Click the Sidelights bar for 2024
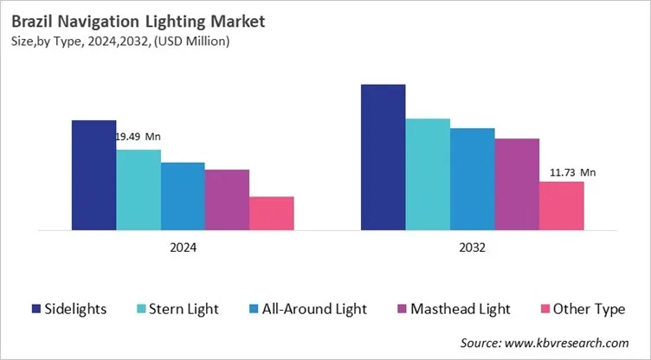[x=93, y=175]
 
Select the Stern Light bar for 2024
[x=139, y=190]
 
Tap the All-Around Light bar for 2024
[x=183, y=196]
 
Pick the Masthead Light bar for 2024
[x=227, y=200]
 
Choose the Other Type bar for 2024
[x=272, y=214]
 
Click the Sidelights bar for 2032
[x=383, y=157]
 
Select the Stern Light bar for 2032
[x=428, y=175]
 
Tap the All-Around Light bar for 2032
[x=473, y=179]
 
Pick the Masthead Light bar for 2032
[x=517, y=184]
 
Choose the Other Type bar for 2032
[x=562, y=206]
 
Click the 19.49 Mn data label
[x=139, y=137]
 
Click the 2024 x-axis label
[x=183, y=247]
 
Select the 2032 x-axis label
[x=472, y=247]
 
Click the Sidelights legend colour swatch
[x=35, y=309]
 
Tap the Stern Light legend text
[x=185, y=309]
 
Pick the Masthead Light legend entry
[x=451, y=309]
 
